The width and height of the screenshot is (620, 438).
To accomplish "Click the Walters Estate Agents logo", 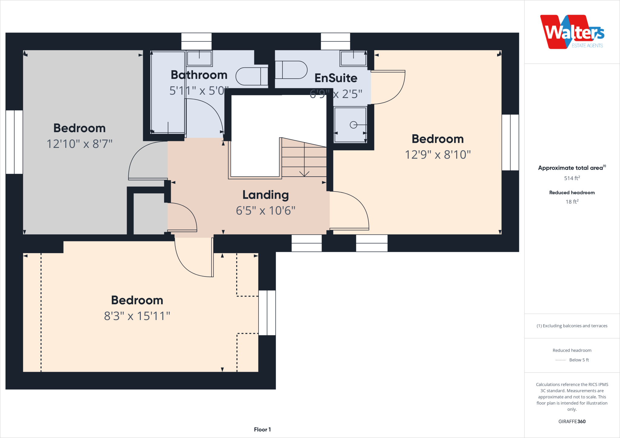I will [x=572, y=32].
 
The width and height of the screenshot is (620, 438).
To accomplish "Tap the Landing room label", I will [x=265, y=195].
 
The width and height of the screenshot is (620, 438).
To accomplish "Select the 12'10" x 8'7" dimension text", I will [x=79, y=144].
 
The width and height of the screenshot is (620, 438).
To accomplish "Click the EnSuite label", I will [x=336, y=78].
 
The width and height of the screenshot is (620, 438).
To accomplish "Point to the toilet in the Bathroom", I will [x=251, y=76].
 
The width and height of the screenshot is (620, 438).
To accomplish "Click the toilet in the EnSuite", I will [x=291, y=70].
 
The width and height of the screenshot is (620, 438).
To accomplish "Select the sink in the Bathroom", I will [x=199, y=58].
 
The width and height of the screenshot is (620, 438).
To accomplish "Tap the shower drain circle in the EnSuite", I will [x=353, y=125].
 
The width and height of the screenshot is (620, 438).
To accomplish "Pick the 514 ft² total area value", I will [x=572, y=178].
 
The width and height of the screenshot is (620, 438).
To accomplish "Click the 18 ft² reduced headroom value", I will [x=572, y=202].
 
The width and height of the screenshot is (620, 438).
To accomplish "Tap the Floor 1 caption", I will [x=262, y=430].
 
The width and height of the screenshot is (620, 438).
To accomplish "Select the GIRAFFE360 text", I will [x=572, y=421].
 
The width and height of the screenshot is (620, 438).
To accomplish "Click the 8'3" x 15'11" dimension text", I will [x=137, y=316].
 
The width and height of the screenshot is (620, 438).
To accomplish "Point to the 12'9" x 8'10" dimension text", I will [x=438, y=155].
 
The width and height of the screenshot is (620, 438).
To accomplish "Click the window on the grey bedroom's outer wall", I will [x=14, y=142].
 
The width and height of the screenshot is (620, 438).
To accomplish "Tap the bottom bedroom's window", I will [x=267, y=313].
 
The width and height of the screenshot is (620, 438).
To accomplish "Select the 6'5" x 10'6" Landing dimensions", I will [x=265, y=211].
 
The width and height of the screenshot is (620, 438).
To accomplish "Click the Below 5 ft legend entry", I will [x=579, y=360].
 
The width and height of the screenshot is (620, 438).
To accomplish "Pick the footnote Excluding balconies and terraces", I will [x=572, y=326].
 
